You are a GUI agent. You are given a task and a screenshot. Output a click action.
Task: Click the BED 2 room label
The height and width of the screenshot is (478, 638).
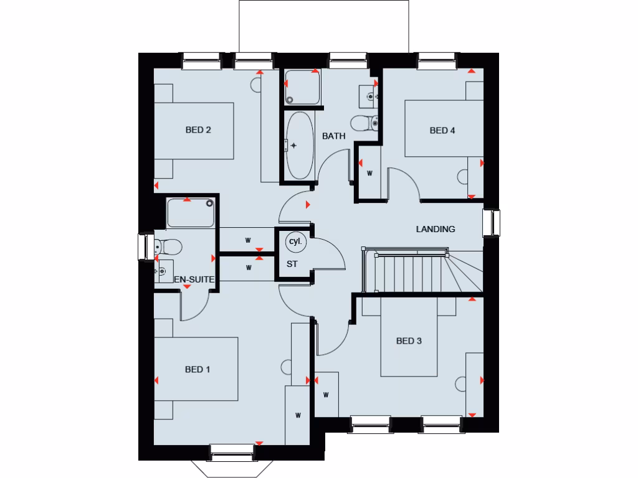198,130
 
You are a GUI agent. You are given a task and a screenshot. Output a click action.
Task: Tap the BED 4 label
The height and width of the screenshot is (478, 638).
442,130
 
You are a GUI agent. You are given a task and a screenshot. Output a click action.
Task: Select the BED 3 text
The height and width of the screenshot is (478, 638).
409,340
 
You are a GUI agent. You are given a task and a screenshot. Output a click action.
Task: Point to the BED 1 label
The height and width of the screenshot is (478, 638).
198,369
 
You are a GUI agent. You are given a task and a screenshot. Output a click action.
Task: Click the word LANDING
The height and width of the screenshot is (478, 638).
436,229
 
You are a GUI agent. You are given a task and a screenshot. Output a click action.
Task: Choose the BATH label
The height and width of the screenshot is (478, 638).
333,136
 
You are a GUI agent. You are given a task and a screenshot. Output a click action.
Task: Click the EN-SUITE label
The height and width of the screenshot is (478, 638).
194,281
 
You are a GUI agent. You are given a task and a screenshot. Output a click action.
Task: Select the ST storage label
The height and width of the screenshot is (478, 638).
292,264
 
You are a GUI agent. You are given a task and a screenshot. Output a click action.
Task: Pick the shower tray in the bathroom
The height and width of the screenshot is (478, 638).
302,88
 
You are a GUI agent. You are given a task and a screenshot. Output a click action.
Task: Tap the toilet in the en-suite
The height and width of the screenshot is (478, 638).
168,248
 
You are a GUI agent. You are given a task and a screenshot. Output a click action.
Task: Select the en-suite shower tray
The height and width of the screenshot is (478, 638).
191,213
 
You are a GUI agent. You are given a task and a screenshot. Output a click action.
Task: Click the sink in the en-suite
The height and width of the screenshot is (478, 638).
164,272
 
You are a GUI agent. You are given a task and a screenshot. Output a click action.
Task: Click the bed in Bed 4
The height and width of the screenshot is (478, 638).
442,128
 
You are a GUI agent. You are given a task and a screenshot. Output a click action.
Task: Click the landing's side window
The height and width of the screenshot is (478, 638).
491,223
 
